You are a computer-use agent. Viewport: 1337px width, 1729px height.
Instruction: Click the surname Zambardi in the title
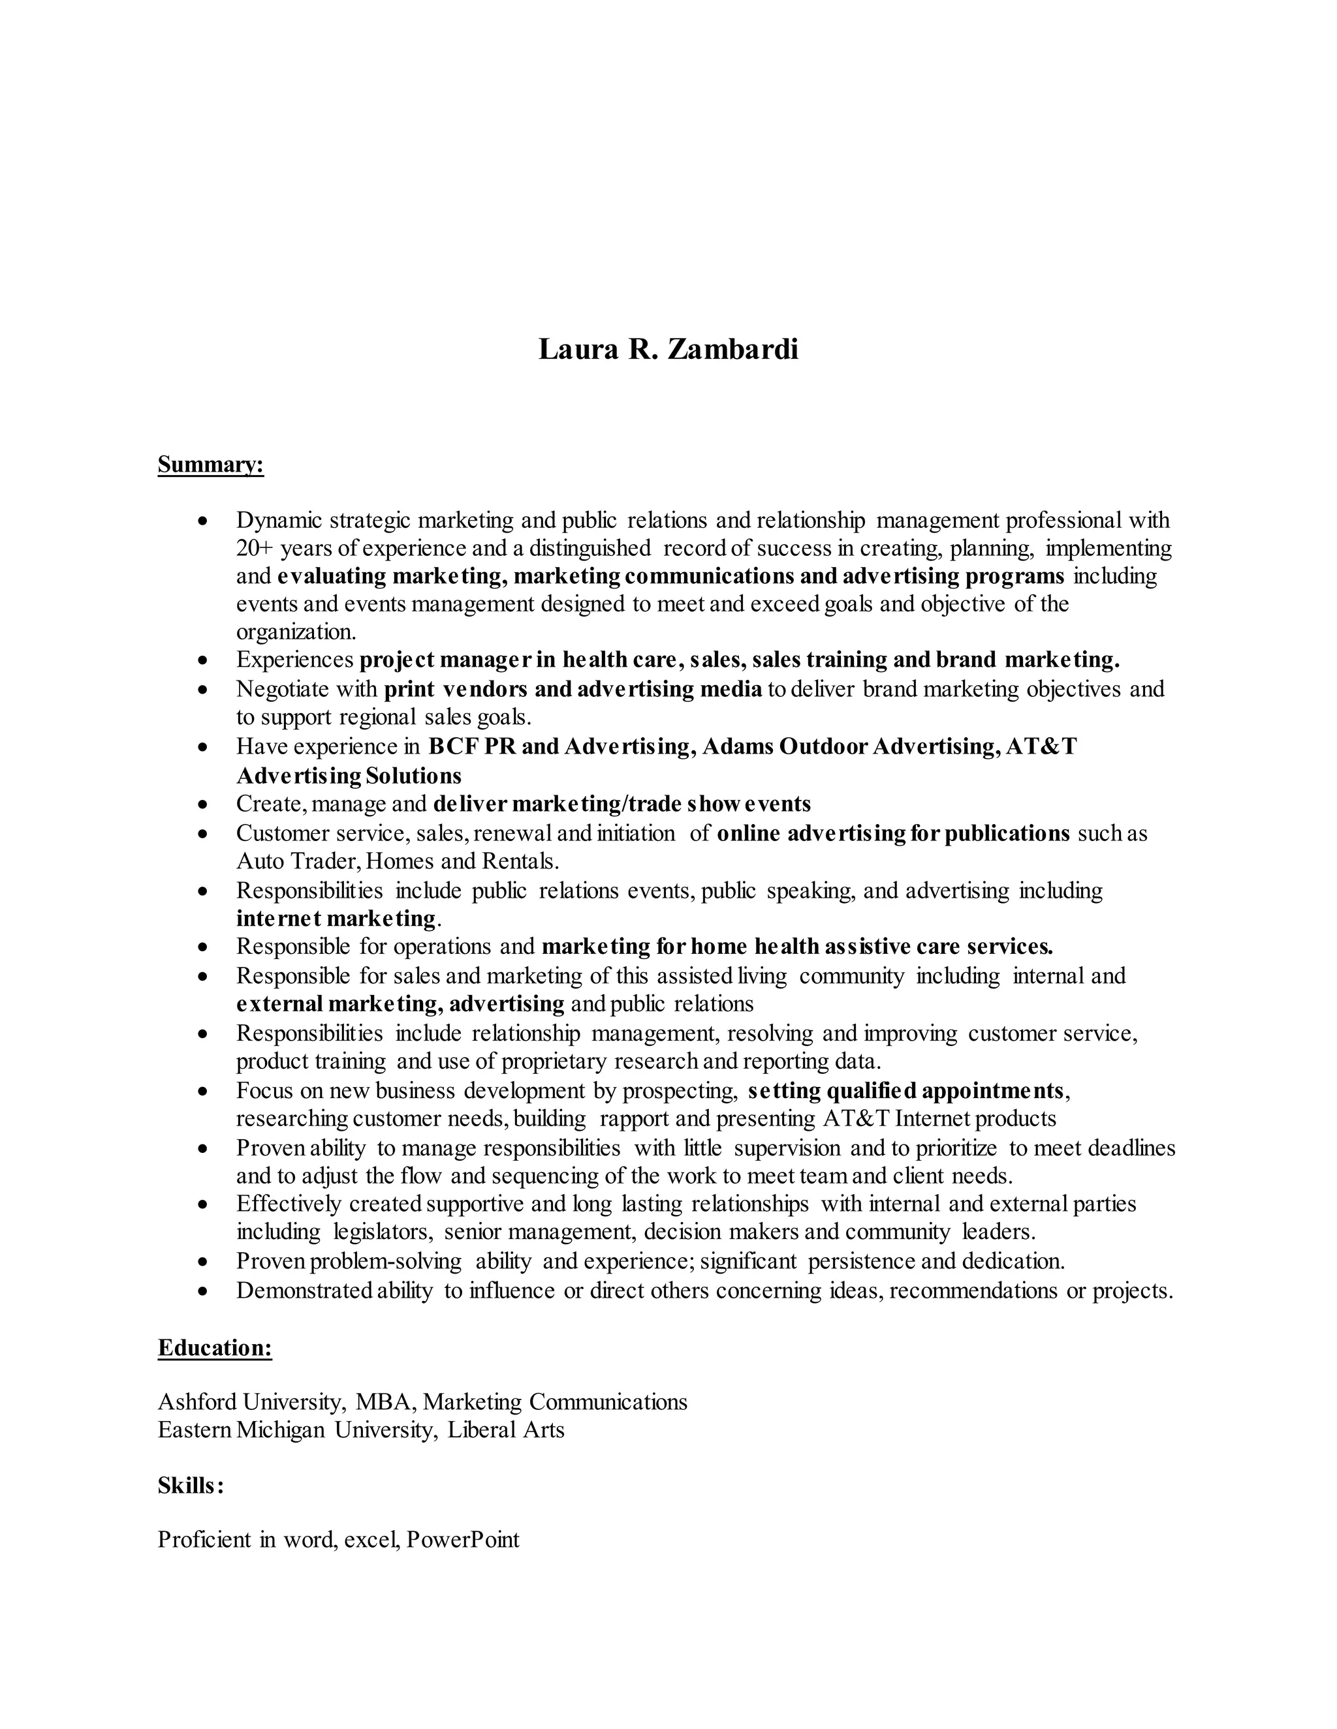coord(732,349)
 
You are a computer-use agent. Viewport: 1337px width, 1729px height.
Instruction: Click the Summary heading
coord(210,465)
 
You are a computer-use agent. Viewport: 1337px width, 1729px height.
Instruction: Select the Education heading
coord(215,1348)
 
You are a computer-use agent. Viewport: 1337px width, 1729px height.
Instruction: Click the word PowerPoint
coord(463,1540)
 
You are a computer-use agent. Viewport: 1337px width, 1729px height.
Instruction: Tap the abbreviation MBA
coord(383,1402)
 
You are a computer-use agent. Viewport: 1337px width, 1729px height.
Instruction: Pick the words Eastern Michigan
coord(242,1430)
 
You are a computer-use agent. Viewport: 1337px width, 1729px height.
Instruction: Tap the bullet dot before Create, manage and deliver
coord(204,804)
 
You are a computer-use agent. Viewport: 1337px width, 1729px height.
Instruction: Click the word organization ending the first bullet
coord(294,632)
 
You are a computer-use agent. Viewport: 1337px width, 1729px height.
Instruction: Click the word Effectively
coord(289,1204)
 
